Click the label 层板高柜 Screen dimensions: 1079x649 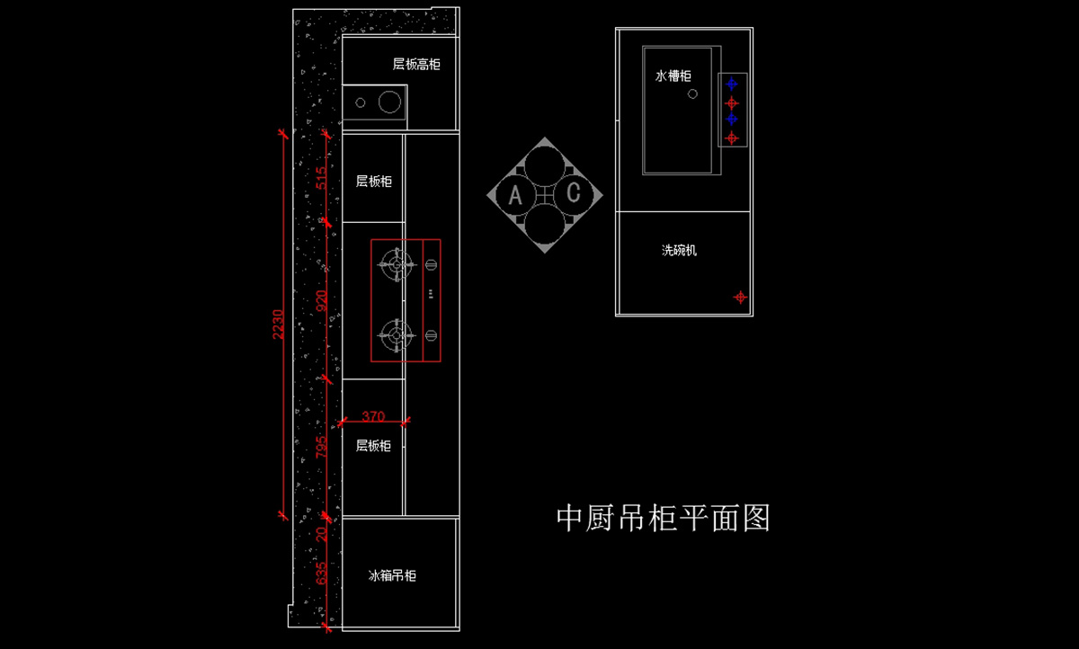[416, 65]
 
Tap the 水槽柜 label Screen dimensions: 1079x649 [673, 77]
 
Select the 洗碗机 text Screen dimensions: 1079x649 [679, 251]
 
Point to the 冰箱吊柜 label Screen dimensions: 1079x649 [392, 575]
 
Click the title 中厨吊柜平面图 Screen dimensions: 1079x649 [664, 518]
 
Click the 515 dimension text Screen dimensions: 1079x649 [322, 178]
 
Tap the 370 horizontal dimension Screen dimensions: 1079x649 [373, 416]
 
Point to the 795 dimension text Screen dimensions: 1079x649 [322, 447]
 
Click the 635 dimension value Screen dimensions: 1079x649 [322, 573]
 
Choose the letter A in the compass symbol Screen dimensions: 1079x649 [515, 195]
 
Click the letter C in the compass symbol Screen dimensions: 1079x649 [573, 194]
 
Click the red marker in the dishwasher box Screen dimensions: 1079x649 [740, 297]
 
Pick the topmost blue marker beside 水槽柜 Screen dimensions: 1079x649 [732, 84]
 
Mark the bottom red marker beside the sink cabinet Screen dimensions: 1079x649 [732, 138]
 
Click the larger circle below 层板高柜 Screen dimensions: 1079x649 [388, 102]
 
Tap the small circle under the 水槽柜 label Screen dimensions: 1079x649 [692, 93]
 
